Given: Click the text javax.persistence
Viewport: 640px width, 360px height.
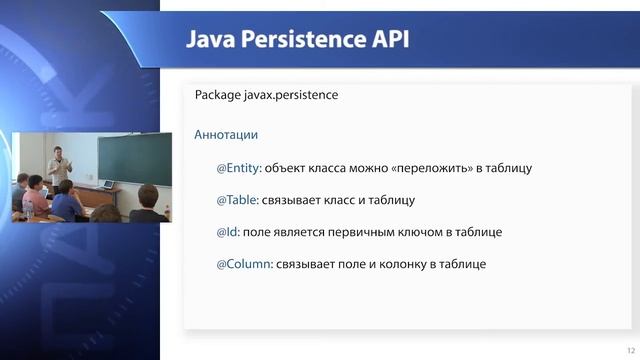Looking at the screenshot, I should pos(294,96).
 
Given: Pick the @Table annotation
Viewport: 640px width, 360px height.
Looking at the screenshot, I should pos(237,200).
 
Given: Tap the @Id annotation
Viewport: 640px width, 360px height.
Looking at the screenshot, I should pos(228,232).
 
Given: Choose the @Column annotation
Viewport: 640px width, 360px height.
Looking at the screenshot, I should pos(243,264).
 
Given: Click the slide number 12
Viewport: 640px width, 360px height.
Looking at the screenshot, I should pos(628,349).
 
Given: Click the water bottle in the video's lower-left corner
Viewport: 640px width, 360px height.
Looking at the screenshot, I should pos(16,211).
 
